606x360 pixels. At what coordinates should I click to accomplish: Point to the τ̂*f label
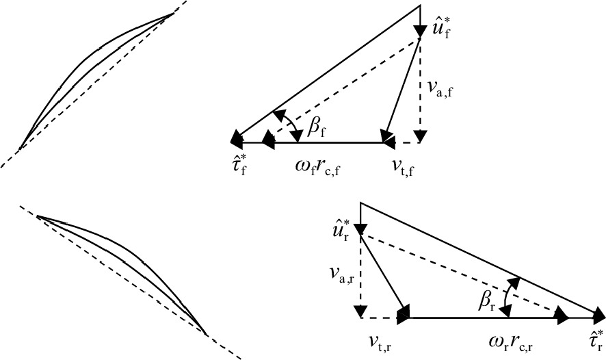coord(238,166)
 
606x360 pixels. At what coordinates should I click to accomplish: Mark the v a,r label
coord(341,274)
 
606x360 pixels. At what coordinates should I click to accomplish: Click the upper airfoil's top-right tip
coord(174,14)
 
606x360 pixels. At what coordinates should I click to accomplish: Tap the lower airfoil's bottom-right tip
coord(206,335)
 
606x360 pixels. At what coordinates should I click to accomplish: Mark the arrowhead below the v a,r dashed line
coord(360,311)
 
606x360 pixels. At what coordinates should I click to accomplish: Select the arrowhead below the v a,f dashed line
coord(420,136)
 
